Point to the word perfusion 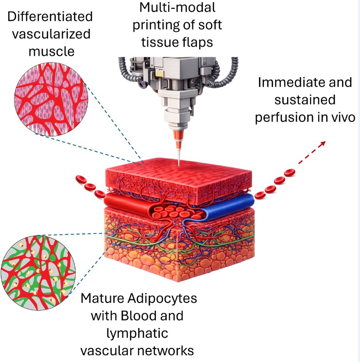[x=291, y=117]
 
